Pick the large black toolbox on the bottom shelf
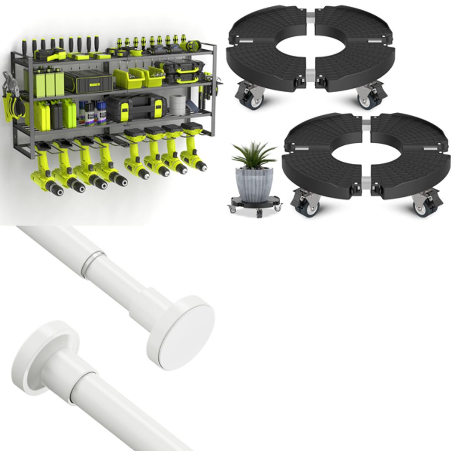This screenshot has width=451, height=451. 135,107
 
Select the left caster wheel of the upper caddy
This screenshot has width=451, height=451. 250,99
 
